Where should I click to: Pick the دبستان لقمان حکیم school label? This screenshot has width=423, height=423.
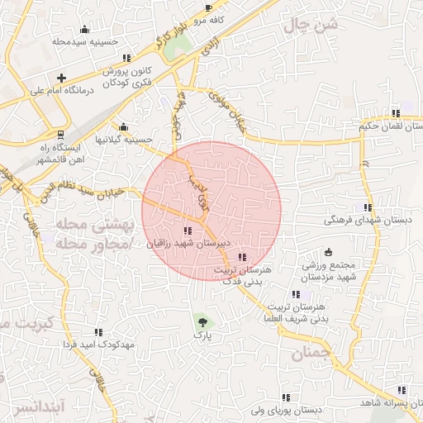tap(390, 126)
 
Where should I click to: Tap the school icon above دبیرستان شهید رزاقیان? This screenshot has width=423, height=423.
tap(188, 231)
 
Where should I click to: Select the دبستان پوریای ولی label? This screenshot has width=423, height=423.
tap(286, 411)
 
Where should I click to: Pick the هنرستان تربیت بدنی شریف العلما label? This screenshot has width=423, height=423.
tap(295, 312)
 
